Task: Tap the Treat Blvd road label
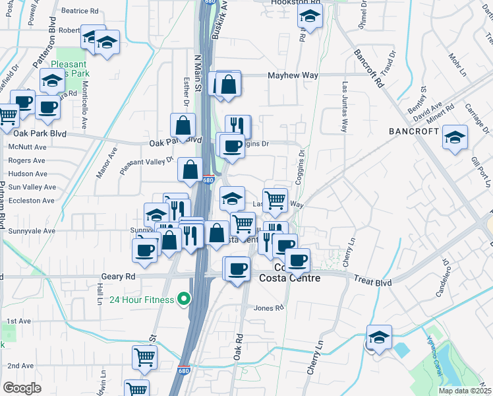(x=373, y=282)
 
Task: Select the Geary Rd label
(x=119, y=277)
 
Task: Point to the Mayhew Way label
(x=293, y=76)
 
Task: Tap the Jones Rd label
(x=268, y=308)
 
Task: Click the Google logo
(x=22, y=388)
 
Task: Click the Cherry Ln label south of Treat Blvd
(x=315, y=357)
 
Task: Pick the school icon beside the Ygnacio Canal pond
(x=379, y=337)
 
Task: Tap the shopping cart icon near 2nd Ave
(x=144, y=357)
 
